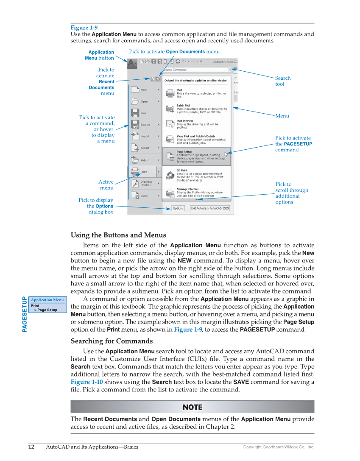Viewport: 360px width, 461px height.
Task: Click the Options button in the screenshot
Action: pos(178,208)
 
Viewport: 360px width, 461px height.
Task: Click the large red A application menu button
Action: pos(132,64)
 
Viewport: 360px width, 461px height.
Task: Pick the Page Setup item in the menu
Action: pos(196,156)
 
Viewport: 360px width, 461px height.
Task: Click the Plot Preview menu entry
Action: pos(197,124)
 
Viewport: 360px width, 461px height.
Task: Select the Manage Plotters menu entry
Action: pos(197,193)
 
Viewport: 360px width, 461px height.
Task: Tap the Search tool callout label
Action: pos(283,81)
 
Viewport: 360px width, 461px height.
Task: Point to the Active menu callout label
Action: pos(106,185)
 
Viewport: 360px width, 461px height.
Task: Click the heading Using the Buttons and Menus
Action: pos(118,235)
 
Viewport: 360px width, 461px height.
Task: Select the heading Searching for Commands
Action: pos(112,341)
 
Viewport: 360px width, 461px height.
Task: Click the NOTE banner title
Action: pos(192,407)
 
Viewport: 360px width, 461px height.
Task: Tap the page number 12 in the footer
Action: pos(31,447)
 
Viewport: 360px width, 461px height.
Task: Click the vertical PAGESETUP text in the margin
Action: pos(25,314)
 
